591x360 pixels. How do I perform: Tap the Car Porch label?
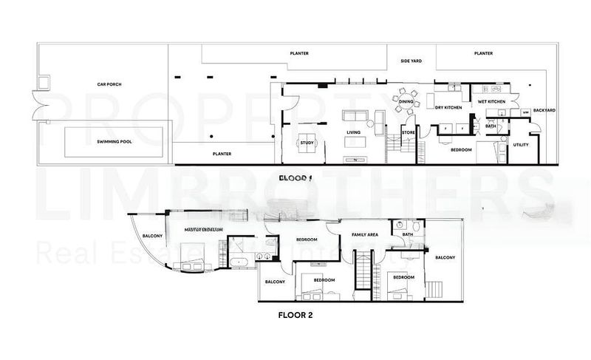point(109,84)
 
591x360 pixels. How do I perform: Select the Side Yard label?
point(410,61)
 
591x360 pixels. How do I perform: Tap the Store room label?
point(408,133)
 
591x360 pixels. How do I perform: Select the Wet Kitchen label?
point(491,101)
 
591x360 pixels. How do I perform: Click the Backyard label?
point(544,110)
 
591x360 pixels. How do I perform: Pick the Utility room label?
point(521,145)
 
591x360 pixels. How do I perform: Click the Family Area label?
point(365,234)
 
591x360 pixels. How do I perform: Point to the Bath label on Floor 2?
point(408,235)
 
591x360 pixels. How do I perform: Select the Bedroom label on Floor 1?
point(461,149)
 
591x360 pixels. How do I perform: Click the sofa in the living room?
point(354,115)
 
